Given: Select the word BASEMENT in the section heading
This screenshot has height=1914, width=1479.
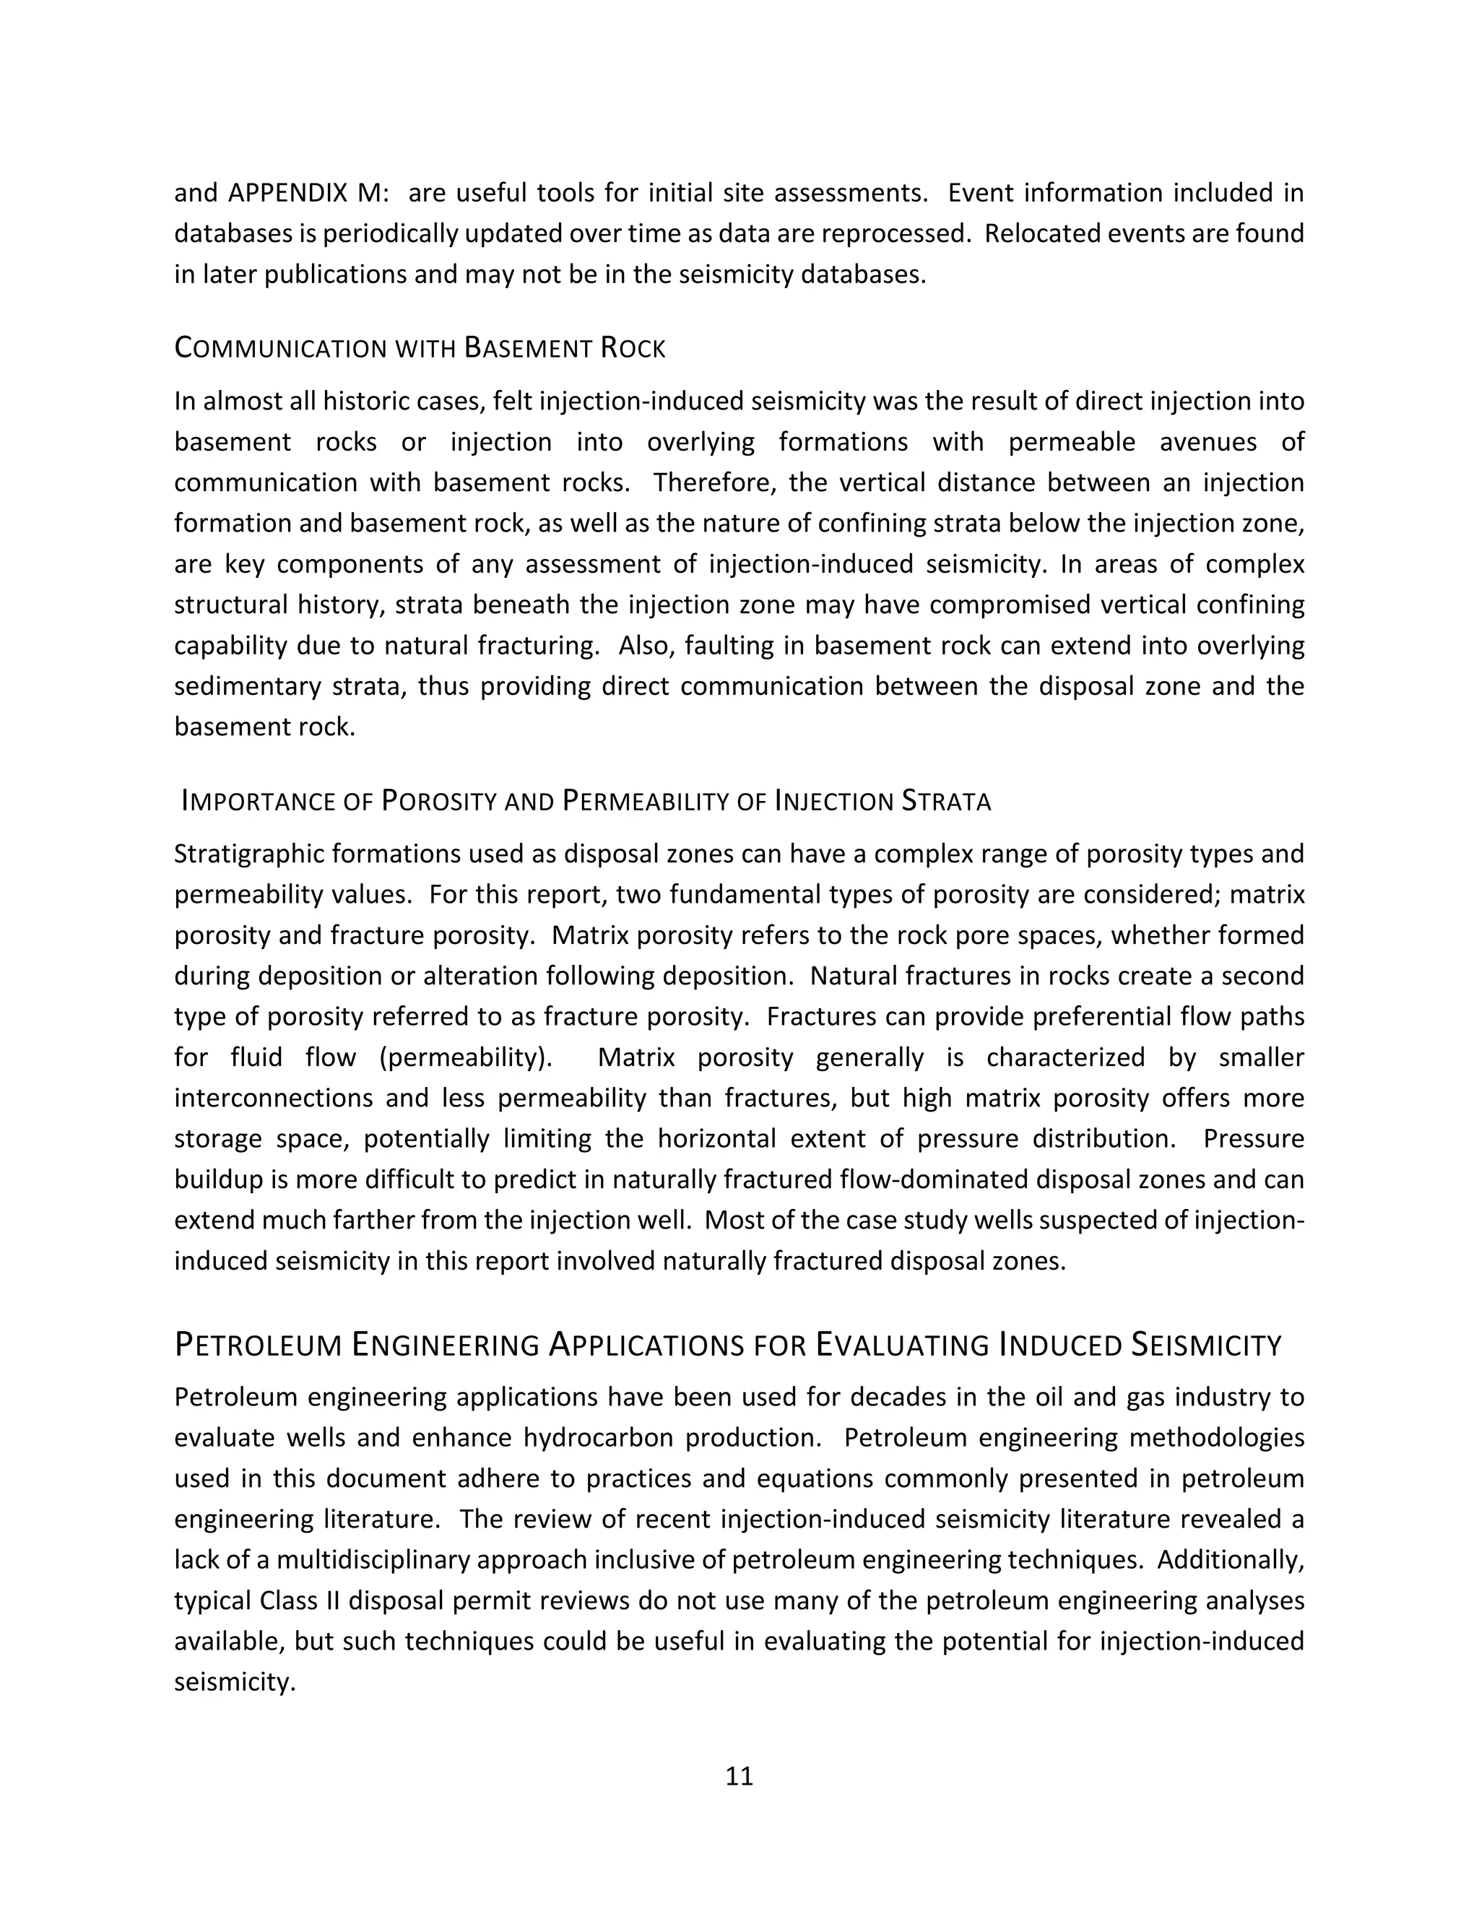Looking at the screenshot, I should (527, 349).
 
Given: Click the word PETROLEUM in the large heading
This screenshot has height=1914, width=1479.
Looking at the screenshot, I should (258, 1346).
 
